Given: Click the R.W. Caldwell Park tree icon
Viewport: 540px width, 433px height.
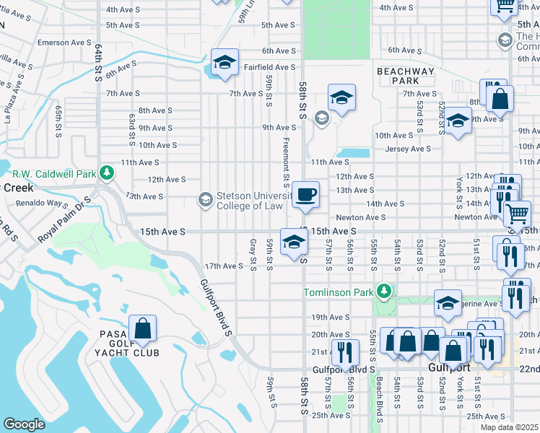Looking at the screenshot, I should coord(107,173).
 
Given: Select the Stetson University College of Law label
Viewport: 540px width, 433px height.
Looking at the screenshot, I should coord(251,200).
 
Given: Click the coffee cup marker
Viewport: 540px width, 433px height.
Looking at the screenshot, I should coord(305,194).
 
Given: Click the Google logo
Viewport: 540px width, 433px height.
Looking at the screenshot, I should coord(24,424).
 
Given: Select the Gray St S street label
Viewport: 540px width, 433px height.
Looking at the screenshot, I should coord(253,256).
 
